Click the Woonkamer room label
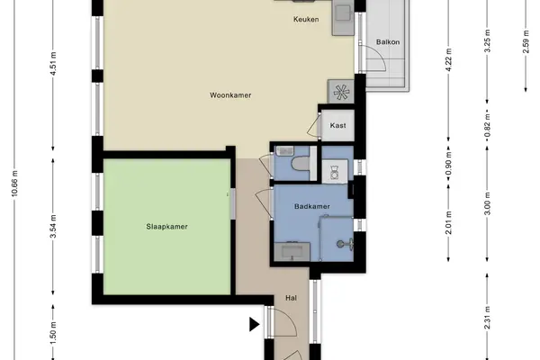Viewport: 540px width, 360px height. pyautogui.click(x=230, y=95)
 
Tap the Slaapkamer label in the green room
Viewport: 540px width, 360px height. pyautogui.click(x=167, y=227)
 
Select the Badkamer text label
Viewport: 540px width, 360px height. pyautogui.click(x=312, y=206)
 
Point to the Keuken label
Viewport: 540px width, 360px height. pyautogui.click(x=306, y=19)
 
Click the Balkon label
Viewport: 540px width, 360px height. pyautogui.click(x=388, y=42)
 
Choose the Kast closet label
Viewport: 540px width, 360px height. pyautogui.click(x=337, y=125)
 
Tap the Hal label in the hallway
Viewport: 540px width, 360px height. pyautogui.click(x=291, y=298)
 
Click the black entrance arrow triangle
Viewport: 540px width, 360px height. pyautogui.click(x=254, y=325)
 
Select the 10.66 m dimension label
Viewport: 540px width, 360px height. pyautogui.click(x=14, y=184)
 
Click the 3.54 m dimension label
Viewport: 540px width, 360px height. pyautogui.click(x=53, y=226)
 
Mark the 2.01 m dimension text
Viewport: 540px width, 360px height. pyautogui.click(x=448, y=223)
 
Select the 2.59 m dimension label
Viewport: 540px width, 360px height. pyautogui.click(x=526, y=41)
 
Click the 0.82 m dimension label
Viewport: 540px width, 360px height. pyautogui.click(x=487, y=125)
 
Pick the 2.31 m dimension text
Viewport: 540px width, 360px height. pyautogui.click(x=487, y=318)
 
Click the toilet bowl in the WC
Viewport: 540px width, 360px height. pyautogui.click(x=301, y=164)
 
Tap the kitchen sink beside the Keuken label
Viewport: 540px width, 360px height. pyautogui.click(x=343, y=13)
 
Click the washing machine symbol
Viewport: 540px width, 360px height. pyautogui.click(x=335, y=171)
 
